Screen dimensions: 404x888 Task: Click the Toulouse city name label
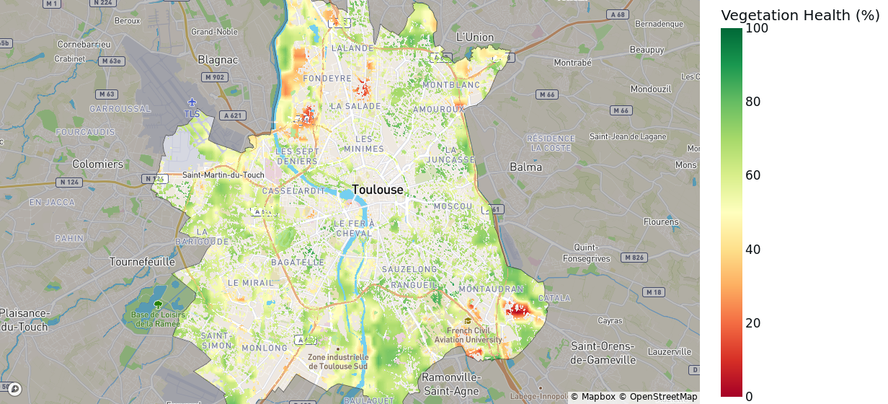(x=378, y=190)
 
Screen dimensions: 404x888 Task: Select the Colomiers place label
(x=98, y=164)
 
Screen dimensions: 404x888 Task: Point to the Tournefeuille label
(x=142, y=261)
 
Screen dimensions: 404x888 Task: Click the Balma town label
(x=525, y=167)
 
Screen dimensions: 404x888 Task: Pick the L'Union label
(x=475, y=37)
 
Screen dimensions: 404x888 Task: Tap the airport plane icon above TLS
(x=192, y=102)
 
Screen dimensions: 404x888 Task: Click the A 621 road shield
(x=232, y=115)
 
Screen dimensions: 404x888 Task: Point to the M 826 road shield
(x=634, y=258)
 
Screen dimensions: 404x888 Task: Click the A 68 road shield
(x=617, y=14)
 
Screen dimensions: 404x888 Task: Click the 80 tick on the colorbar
(x=753, y=102)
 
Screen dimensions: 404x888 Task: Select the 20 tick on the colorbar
(x=753, y=323)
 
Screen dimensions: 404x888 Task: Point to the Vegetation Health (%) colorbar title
(x=800, y=15)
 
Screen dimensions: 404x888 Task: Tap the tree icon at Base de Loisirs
(x=158, y=304)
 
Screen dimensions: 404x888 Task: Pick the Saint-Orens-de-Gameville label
(x=603, y=353)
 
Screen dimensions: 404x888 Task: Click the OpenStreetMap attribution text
(x=658, y=396)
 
